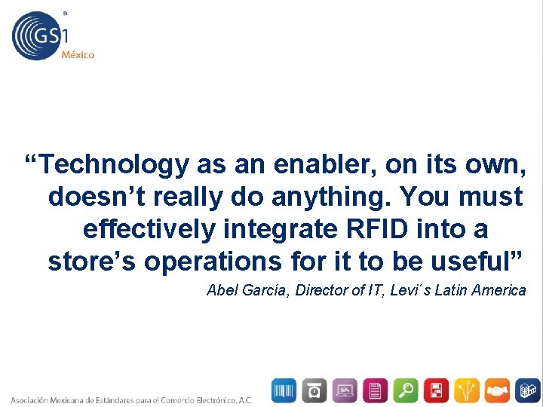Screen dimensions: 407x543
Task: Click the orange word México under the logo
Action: click(x=78, y=54)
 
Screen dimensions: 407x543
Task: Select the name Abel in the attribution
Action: click(x=221, y=290)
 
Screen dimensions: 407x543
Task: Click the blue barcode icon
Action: click(x=284, y=390)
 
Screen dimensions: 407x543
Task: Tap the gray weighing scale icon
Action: click(x=314, y=390)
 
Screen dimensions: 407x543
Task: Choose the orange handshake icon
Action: click(x=497, y=390)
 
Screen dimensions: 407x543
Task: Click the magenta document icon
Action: click(x=376, y=390)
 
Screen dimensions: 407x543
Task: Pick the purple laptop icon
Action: click(x=345, y=390)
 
